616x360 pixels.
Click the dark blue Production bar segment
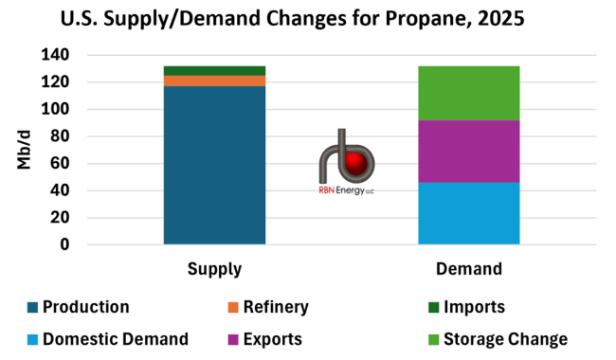click(214, 166)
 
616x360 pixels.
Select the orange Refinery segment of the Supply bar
click(214, 81)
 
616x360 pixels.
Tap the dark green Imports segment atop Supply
click(214, 71)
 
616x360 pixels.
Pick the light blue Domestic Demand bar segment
click(469, 213)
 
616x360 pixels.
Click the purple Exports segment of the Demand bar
click(469, 152)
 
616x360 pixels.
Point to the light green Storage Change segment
click(469, 93)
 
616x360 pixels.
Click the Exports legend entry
click(273, 339)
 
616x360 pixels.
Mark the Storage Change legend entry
click(502, 339)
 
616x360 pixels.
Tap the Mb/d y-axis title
click(25, 149)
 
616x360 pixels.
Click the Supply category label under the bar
click(214, 270)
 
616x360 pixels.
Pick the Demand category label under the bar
click(469, 270)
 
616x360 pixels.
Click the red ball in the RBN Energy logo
click(356, 165)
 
